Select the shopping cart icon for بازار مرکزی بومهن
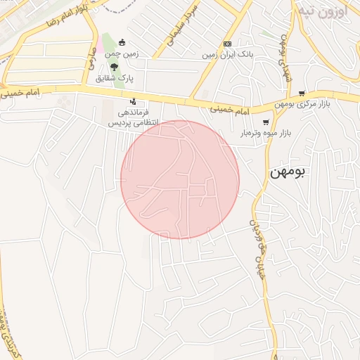coord(302,94)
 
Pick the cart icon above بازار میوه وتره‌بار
coord(265,122)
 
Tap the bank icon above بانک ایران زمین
coord(227,44)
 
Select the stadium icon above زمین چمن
coord(123,42)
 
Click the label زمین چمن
coord(123,53)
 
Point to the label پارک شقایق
coord(122,78)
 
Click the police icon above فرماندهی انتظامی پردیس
coord(133,101)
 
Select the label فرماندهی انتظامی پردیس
coord(133,117)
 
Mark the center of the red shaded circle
coord(180,179)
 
